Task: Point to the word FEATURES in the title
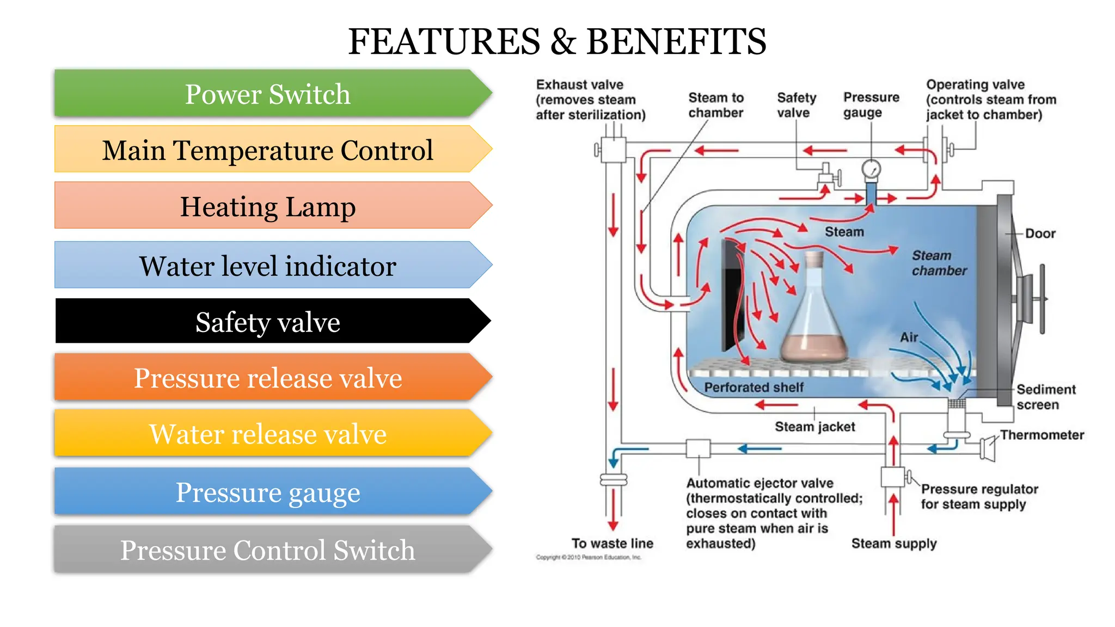[x=444, y=42]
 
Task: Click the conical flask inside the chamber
[x=814, y=321]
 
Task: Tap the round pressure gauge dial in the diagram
[x=871, y=169]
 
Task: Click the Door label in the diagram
[x=1040, y=233]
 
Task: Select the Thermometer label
[x=1042, y=435]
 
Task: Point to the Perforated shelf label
[x=753, y=388]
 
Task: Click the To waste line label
[x=612, y=543]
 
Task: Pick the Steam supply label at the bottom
[x=894, y=543]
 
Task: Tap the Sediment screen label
[x=1045, y=397]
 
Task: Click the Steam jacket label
[x=814, y=427]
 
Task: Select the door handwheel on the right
[x=1042, y=299]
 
